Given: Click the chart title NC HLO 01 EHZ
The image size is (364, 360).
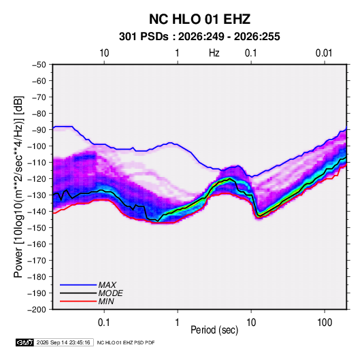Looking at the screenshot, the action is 199,19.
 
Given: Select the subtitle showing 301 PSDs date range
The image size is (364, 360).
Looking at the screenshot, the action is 199,37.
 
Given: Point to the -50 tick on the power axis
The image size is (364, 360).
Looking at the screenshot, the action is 39,65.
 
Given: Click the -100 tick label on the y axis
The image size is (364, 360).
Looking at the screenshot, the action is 37,146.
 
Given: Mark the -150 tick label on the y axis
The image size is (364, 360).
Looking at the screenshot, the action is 37,228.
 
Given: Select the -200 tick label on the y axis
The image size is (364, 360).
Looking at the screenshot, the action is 37,310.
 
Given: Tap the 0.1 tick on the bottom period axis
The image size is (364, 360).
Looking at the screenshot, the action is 104,323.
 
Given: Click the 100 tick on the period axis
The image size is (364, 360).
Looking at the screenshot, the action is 325,323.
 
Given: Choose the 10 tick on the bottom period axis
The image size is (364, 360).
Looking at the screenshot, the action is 251,323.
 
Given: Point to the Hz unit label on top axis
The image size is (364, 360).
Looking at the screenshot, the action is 214,53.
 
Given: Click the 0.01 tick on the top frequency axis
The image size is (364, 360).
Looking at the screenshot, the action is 324,53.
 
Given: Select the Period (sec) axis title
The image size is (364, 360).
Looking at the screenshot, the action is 214,330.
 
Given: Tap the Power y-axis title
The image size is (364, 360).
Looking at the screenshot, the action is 18,187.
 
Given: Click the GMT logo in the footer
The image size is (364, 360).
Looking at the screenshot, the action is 25,342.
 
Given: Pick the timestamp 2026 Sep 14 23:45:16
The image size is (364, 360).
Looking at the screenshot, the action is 63,342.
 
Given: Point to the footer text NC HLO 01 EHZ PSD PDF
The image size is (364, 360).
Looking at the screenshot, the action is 126,342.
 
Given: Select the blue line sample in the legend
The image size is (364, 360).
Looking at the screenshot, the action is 78,285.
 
